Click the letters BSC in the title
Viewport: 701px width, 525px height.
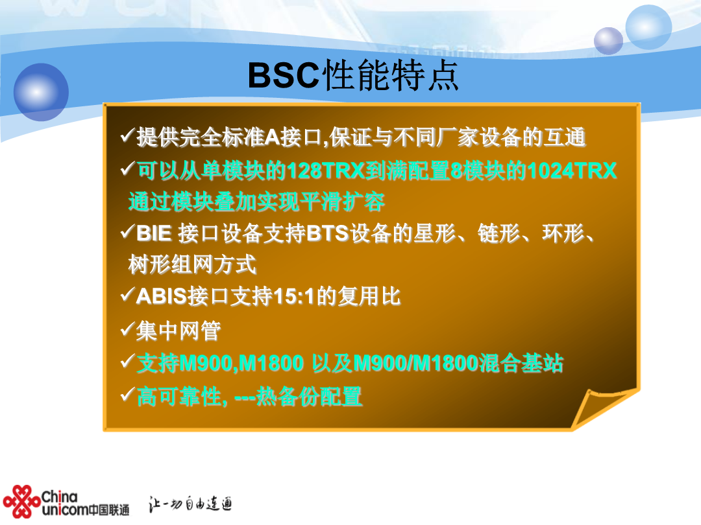point(284,75)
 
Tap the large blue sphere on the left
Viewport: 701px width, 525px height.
point(41,92)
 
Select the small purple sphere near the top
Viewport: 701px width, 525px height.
point(608,41)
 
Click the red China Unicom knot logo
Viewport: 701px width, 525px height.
point(21,501)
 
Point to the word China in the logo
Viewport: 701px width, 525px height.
point(60,496)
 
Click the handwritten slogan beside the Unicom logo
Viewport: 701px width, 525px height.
point(190,504)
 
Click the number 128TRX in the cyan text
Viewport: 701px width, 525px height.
point(325,171)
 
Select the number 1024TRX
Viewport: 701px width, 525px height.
point(572,170)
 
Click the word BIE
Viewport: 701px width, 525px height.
point(154,233)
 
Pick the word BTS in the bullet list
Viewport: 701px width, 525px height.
point(328,233)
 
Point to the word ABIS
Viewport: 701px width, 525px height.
point(161,296)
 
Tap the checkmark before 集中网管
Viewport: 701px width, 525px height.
point(127,330)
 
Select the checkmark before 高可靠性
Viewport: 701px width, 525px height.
point(127,395)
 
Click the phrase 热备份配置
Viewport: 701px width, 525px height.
point(309,397)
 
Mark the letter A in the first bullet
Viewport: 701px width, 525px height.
point(273,137)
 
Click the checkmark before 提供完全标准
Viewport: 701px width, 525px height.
point(127,135)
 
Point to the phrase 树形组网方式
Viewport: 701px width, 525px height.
point(192,264)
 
